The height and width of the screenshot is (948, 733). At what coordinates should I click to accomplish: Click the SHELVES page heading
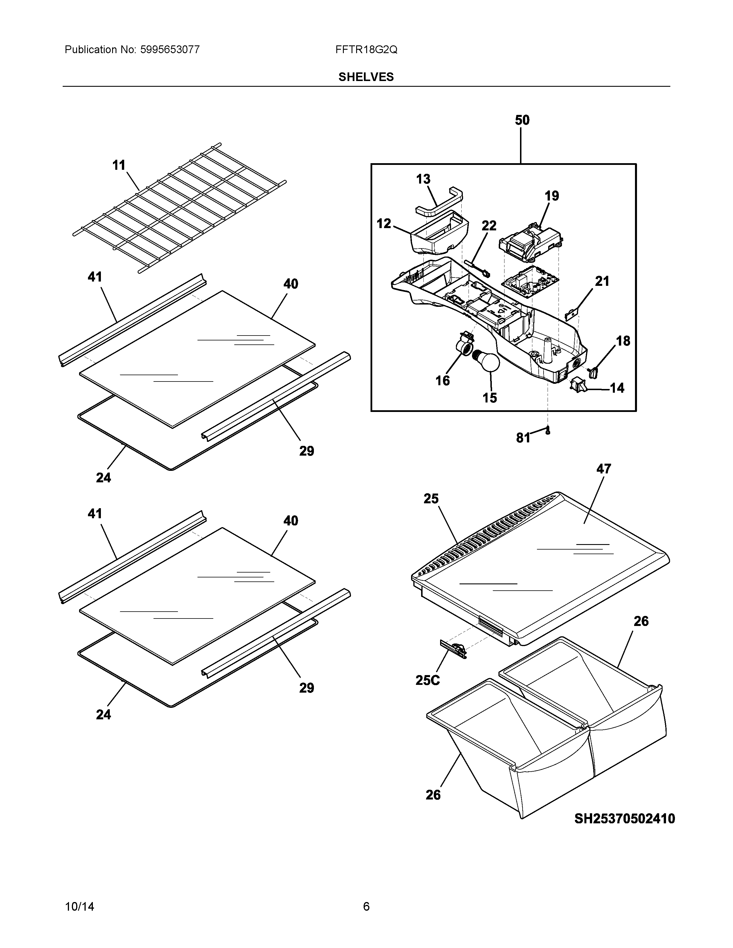366,77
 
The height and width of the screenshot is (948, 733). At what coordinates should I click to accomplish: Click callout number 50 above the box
522,120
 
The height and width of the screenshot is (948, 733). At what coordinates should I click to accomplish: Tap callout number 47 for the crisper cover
604,469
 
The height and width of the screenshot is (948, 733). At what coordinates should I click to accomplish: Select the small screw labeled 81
548,431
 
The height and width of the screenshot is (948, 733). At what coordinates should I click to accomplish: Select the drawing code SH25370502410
624,819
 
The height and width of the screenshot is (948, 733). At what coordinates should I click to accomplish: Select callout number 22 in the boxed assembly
489,226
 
